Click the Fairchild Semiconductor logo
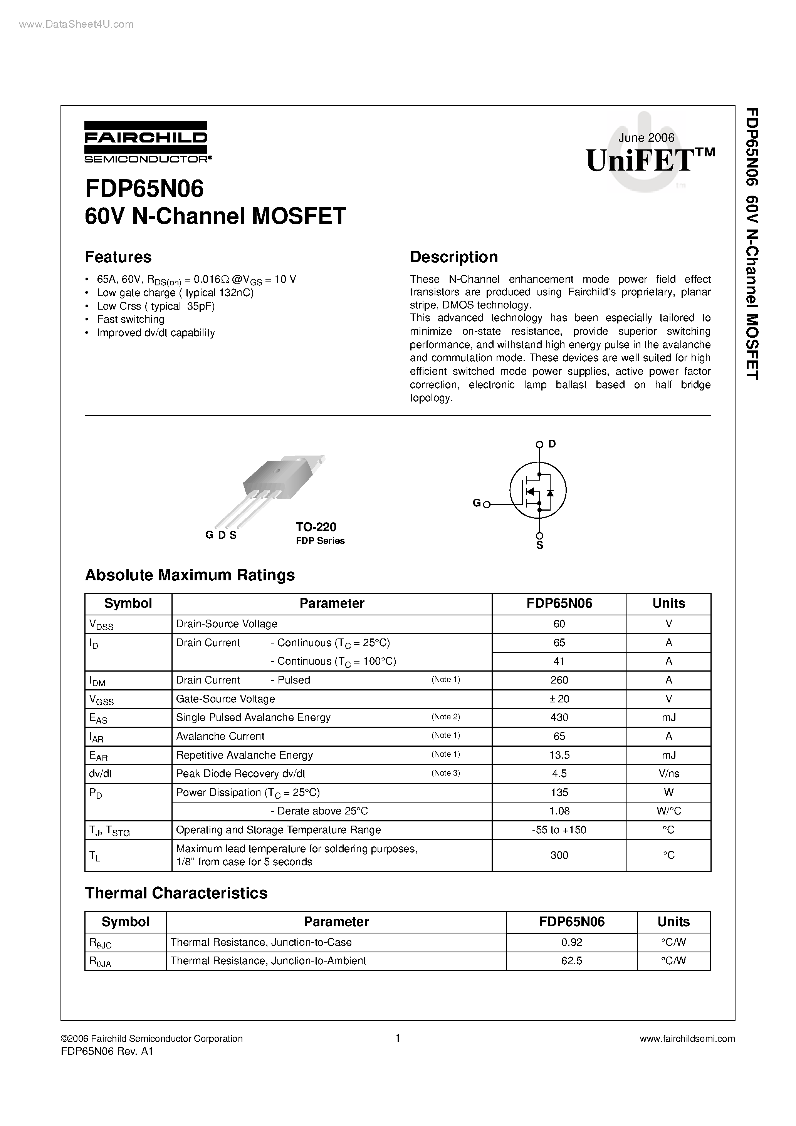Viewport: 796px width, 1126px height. point(146,142)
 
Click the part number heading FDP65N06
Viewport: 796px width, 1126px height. point(144,189)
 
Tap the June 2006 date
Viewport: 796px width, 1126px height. point(646,138)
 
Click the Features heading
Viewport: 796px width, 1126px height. point(118,257)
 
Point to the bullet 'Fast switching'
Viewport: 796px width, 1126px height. point(131,319)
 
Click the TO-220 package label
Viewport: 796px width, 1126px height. point(316,527)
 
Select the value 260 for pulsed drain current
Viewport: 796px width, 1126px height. point(559,680)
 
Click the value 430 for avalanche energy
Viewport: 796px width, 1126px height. point(559,717)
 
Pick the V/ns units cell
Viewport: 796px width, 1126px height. point(668,774)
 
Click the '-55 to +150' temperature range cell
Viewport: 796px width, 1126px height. point(559,830)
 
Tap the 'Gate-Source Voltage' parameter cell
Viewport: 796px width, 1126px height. point(225,699)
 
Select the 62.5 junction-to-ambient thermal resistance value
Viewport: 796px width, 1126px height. point(571,961)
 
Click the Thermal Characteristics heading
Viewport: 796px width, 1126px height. point(176,893)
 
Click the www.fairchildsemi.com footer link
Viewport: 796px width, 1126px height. point(687,1038)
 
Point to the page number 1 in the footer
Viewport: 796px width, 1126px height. point(398,1038)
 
